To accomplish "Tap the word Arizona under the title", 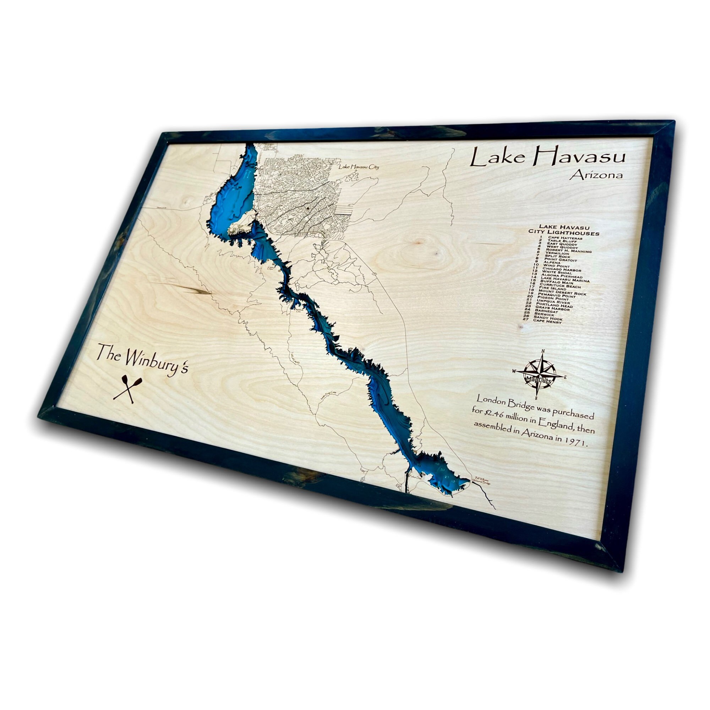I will [x=596, y=175].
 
